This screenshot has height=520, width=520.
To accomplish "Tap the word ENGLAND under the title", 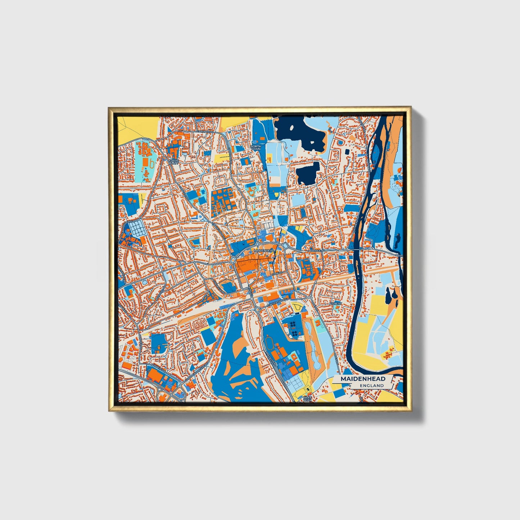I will click(x=371, y=385).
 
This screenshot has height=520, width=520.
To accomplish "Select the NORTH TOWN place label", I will click(x=256, y=148).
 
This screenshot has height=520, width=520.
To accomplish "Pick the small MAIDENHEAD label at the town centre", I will click(x=264, y=250).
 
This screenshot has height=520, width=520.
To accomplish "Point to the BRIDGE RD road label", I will click(x=318, y=250).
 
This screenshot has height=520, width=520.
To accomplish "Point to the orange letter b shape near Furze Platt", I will click(x=152, y=164).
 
